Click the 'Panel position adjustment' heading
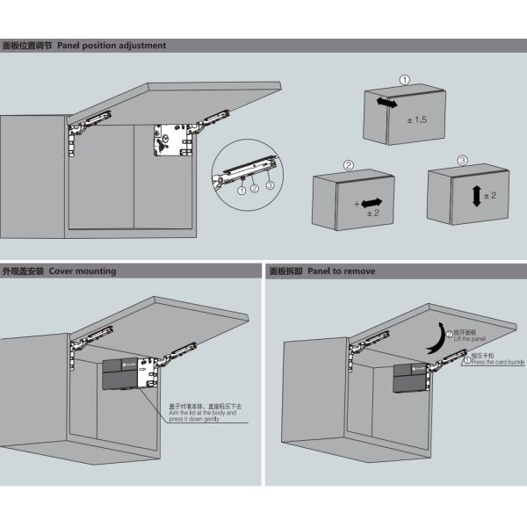coord(112,45)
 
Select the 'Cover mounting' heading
coord(83,271)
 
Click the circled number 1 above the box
coord(404,80)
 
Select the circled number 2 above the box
coord(348,164)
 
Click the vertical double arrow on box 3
coord(476,195)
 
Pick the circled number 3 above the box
coord(463,161)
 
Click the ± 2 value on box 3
coord(489,195)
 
